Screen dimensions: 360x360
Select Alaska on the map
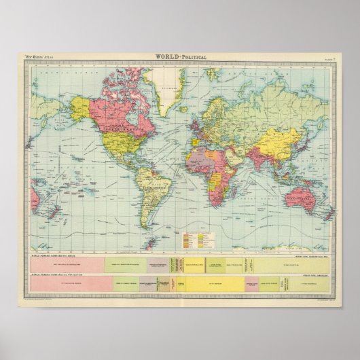tap(80, 108)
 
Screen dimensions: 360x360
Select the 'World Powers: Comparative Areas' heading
tap(55, 254)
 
